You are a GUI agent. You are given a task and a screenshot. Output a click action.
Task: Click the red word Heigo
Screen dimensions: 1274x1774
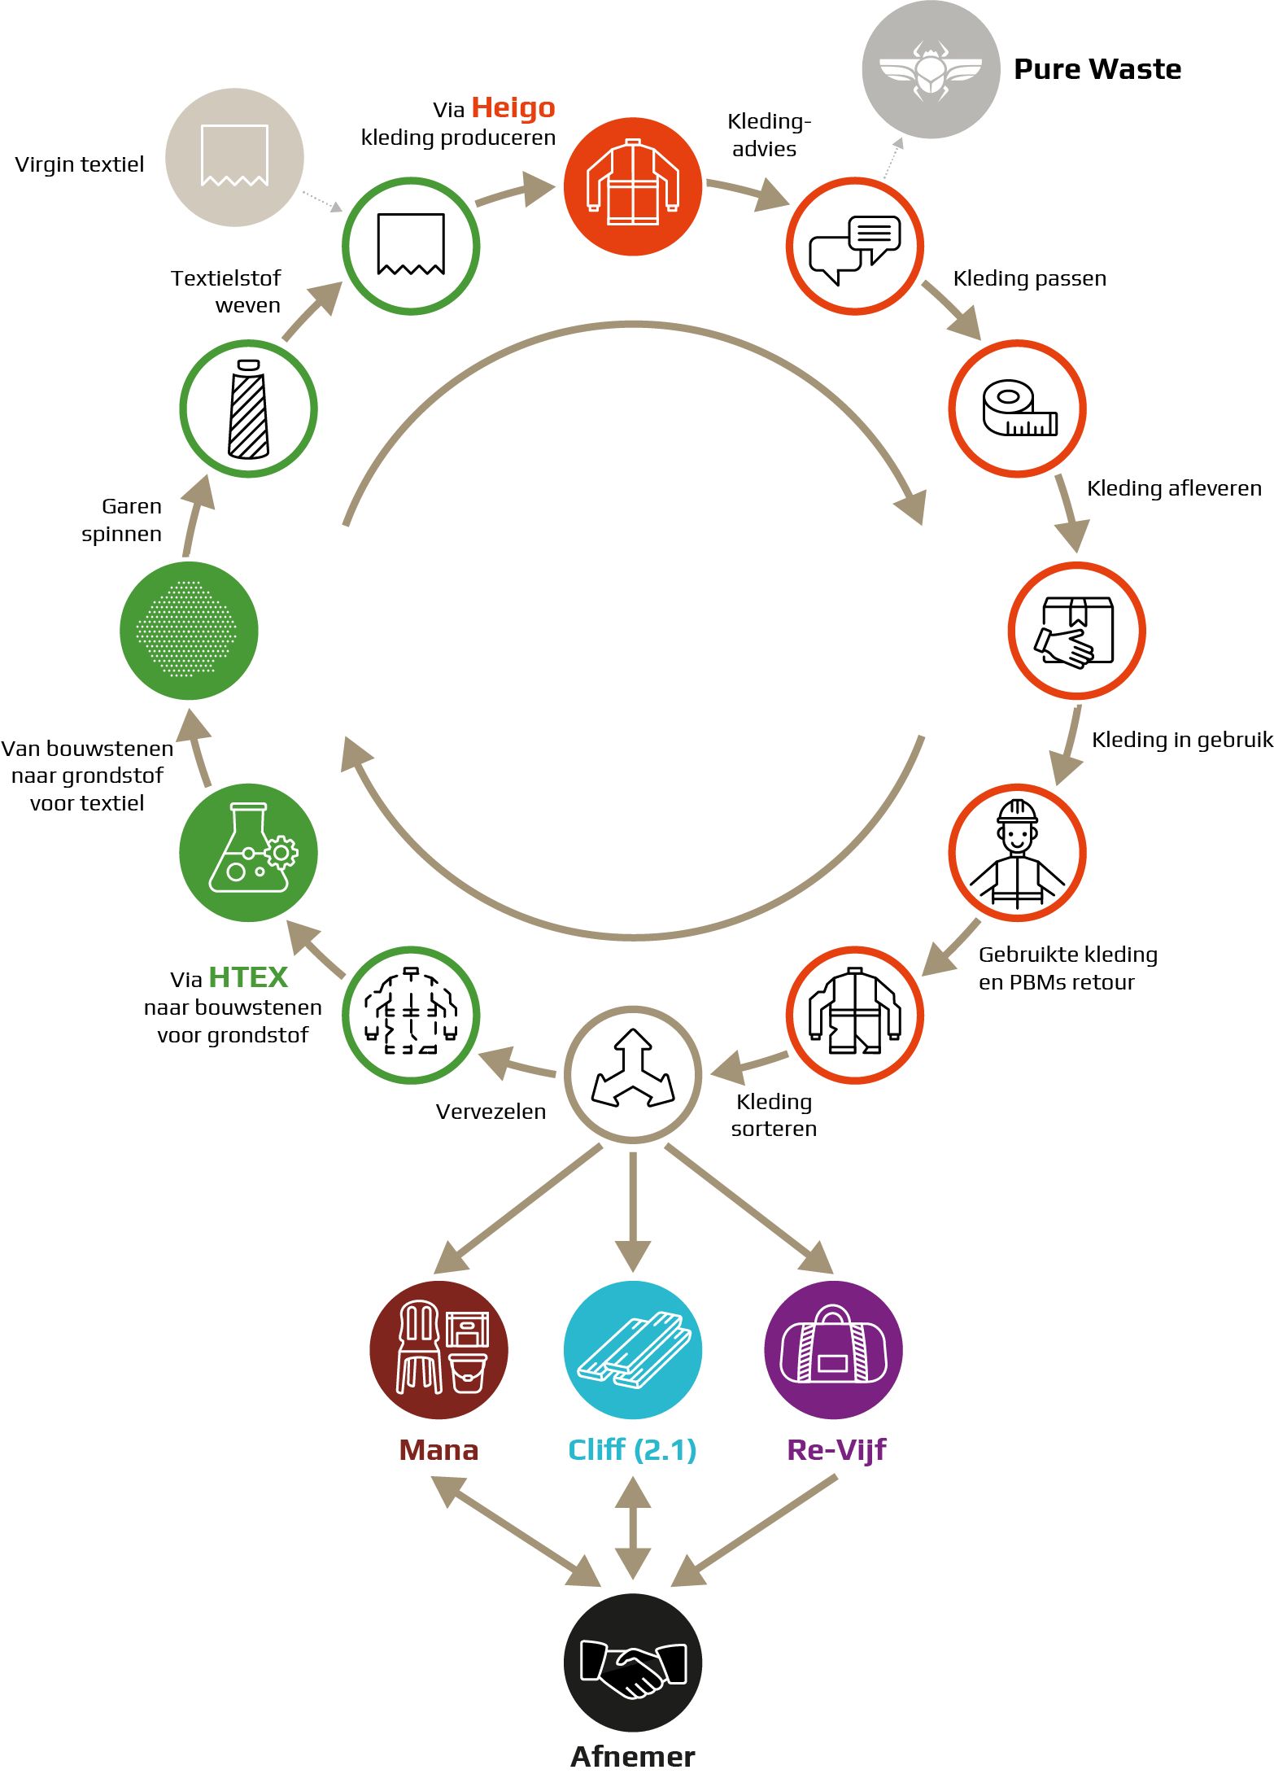click(513, 107)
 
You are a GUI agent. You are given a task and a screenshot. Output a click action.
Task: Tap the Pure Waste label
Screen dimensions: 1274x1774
click(1097, 69)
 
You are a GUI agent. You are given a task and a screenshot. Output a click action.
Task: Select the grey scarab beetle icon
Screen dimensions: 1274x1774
click(932, 70)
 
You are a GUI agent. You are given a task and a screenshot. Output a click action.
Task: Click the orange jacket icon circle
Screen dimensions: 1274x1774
click(633, 186)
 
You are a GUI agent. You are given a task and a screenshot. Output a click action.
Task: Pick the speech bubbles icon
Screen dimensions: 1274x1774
click(855, 246)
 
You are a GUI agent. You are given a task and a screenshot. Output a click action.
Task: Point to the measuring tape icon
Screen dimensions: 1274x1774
click(1018, 409)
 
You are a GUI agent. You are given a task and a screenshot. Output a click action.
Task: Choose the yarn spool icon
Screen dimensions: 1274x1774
click(248, 409)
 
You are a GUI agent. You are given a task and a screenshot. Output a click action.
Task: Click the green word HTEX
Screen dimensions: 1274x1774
click(248, 977)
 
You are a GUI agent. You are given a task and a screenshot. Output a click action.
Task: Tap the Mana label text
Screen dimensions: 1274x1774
click(438, 1450)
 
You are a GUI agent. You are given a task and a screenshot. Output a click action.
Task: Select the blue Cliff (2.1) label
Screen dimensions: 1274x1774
click(632, 1450)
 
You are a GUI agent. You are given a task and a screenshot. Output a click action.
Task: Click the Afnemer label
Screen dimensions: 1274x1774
click(633, 1757)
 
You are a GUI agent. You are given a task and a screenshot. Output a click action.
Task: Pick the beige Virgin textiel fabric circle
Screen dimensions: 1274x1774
click(234, 157)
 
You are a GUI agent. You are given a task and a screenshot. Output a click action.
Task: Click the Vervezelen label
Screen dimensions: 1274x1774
click(491, 1112)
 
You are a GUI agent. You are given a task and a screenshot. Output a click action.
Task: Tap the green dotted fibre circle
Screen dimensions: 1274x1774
click(189, 631)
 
